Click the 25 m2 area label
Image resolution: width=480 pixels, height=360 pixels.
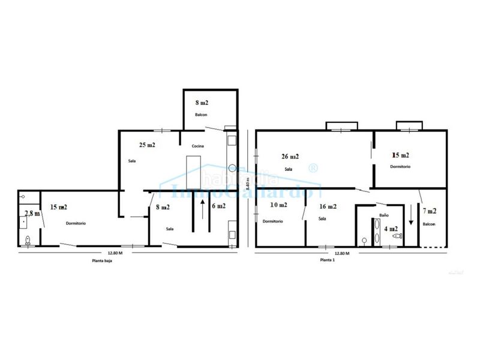pos(147,145)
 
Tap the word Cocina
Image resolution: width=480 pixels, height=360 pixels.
pos(198,147)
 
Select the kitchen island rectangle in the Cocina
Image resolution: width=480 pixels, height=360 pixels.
pos(193,172)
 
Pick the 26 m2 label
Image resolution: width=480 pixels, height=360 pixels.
pos(290,157)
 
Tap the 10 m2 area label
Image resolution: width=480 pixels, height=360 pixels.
pos(278,205)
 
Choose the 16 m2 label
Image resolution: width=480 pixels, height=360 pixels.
pos(328,206)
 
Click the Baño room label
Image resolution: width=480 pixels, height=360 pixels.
pos(385,215)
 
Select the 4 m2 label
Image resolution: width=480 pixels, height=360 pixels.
pos(391,229)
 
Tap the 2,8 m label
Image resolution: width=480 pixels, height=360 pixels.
pos(32,213)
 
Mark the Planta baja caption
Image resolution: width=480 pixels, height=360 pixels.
pos(100,260)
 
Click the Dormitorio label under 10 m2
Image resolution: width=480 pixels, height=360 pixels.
pos(273,221)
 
